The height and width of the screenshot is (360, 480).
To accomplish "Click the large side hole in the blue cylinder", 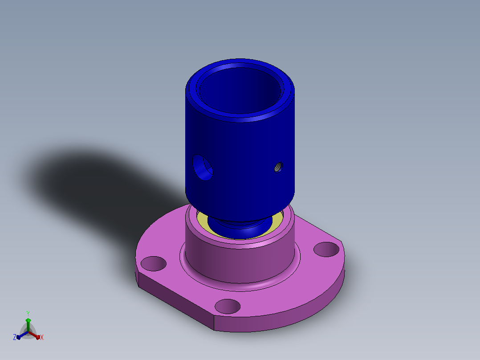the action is tap(202, 168).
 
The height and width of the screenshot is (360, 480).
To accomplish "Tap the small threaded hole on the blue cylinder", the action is tap(278, 167).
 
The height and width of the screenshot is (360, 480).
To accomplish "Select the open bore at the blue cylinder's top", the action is tap(240, 91).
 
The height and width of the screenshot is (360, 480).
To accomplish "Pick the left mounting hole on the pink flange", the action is tap(153, 263).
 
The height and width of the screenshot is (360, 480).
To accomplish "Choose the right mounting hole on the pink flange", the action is tap(326, 249).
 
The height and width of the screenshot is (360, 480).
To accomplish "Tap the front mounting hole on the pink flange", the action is tap(228, 307).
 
